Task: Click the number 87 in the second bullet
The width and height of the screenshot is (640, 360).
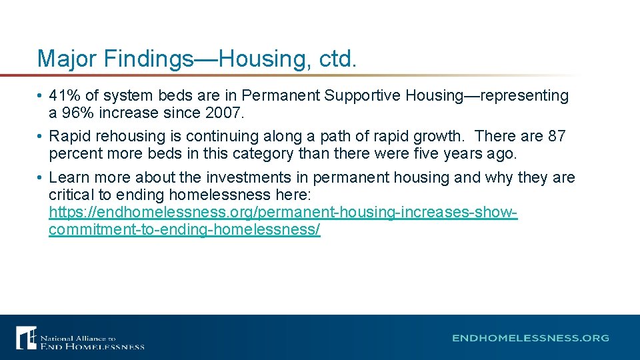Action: coord(556,137)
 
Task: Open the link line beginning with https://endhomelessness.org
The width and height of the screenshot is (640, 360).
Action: coord(283,213)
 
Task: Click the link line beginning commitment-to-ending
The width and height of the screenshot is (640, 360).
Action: coord(185,230)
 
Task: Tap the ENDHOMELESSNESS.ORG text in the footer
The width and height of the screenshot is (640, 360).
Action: coord(531,338)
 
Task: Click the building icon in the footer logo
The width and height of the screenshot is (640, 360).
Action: coord(27,337)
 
